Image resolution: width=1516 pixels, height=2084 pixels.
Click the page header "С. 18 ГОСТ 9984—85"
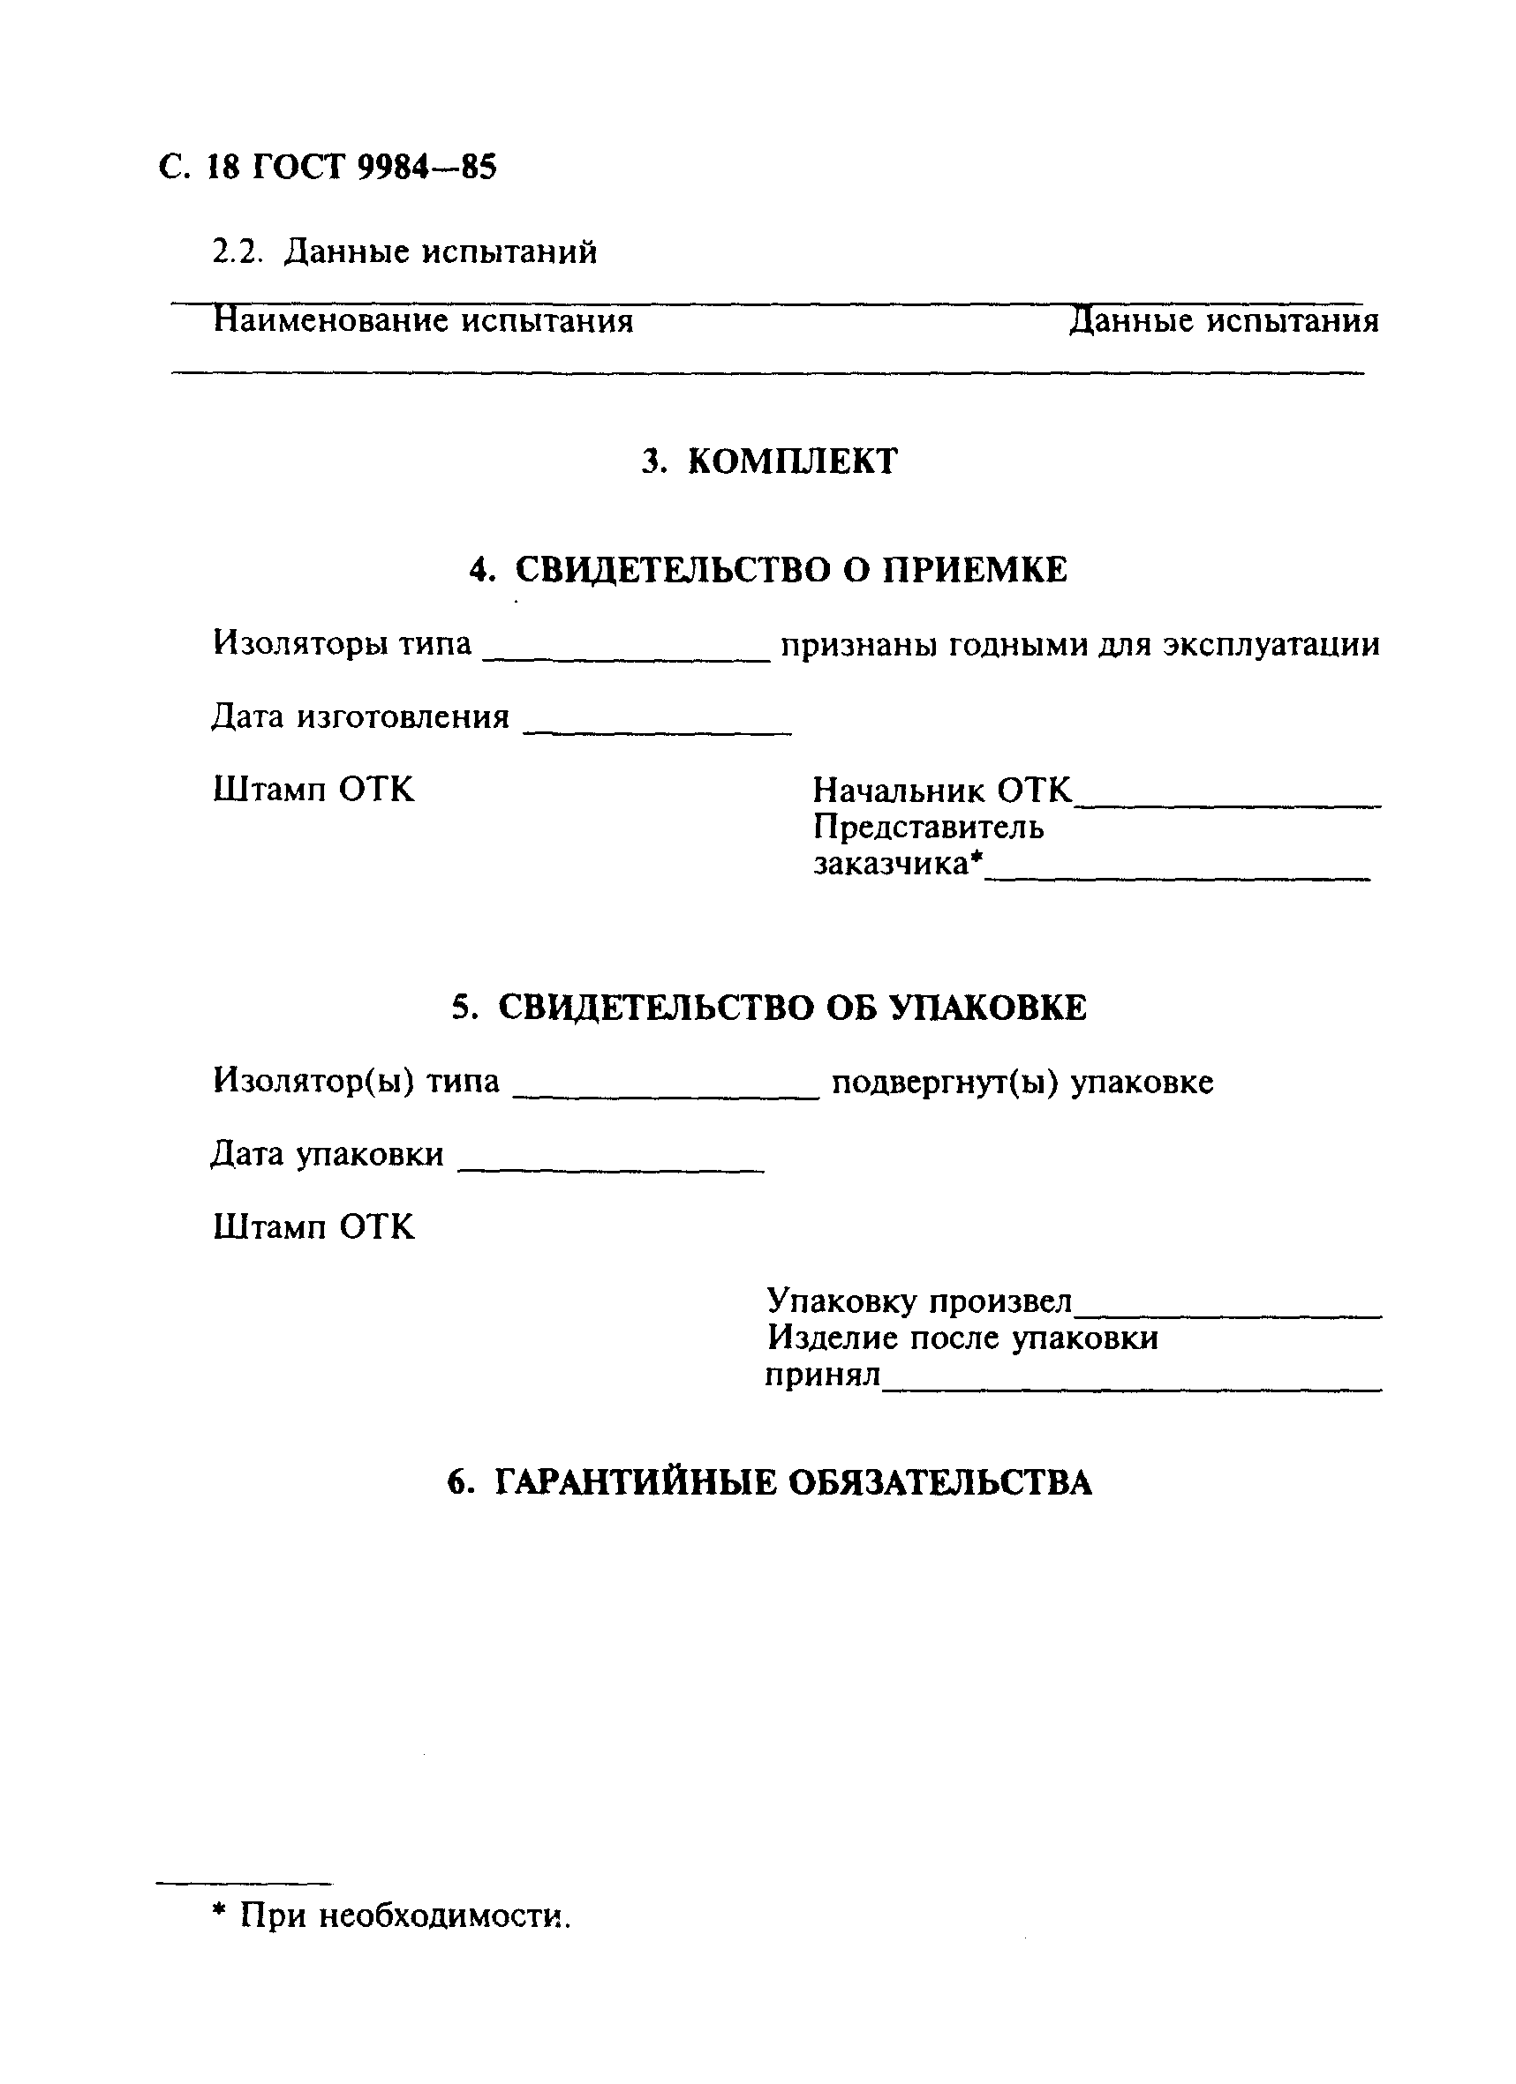point(328,168)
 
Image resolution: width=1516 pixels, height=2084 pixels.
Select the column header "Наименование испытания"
point(423,320)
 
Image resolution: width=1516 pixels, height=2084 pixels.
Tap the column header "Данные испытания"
point(1224,320)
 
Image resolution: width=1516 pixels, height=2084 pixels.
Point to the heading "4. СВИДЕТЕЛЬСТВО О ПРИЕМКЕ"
point(768,570)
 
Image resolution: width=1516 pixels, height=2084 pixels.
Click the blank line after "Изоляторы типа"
point(626,659)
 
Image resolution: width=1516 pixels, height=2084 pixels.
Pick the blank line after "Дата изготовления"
point(657,731)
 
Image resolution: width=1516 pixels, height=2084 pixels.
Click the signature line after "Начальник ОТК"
point(1227,805)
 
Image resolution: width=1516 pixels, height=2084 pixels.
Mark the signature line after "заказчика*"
point(1178,878)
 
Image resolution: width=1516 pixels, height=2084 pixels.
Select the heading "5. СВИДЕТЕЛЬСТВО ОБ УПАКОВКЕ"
point(768,1007)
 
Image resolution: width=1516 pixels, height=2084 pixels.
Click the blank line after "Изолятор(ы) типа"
point(666,1096)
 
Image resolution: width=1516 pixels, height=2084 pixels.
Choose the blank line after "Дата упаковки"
point(610,1169)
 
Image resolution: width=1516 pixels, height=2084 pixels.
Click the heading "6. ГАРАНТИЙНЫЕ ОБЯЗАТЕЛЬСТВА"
point(768,1482)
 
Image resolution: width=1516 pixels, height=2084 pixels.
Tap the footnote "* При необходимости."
point(392,1915)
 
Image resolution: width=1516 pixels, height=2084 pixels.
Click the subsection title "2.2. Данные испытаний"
point(404,251)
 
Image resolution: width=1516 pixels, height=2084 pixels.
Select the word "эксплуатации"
point(1271,644)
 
